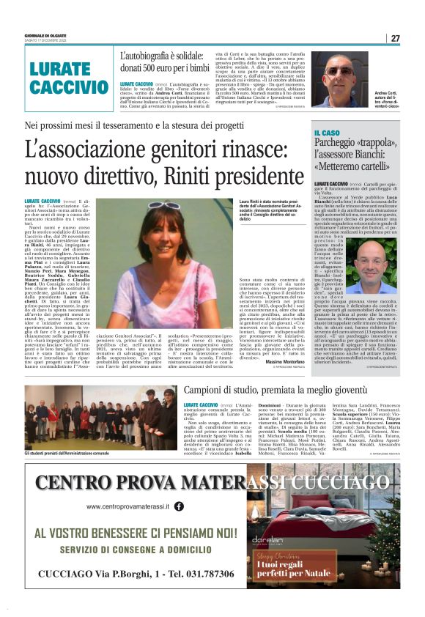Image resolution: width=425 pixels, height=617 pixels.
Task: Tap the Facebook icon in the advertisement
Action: pos(178,506)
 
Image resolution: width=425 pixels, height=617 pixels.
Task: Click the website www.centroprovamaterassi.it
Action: pos(127,506)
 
